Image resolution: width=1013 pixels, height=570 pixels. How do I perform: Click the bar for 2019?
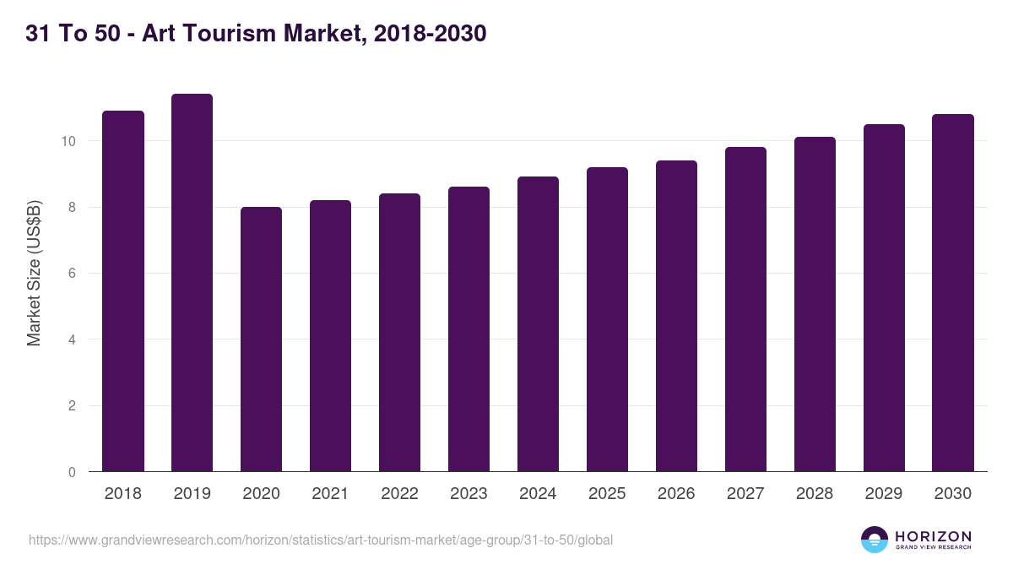point(192,283)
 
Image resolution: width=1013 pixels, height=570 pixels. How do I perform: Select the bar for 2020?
point(261,339)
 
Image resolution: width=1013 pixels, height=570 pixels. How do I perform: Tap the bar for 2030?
point(953,293)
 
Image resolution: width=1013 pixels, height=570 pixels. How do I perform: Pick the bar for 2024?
point(538,324)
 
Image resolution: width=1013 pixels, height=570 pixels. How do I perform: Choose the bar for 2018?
point(123,291)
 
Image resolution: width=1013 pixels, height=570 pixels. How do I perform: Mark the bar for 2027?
point(745,309)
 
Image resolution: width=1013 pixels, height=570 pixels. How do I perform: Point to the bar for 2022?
point(399,333)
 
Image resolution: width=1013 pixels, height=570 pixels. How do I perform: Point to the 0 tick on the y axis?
point(72,472)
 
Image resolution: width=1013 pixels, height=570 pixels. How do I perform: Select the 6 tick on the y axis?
point(72,274)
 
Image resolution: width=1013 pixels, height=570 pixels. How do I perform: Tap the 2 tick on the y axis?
point(72,406)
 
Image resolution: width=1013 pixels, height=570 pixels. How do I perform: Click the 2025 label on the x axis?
point(607,494)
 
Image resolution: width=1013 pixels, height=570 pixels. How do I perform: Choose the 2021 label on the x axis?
point(330,494)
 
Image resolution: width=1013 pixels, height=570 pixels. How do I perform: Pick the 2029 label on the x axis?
point(884,494)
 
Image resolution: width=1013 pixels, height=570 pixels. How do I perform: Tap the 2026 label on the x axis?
point(676,494)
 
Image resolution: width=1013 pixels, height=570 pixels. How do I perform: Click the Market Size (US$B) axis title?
point(34,274)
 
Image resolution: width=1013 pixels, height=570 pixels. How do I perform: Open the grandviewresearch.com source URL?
point(321,540)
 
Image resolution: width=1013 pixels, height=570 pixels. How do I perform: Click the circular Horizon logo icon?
point(875,540)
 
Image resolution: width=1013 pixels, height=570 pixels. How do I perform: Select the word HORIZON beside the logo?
point(933,535)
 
